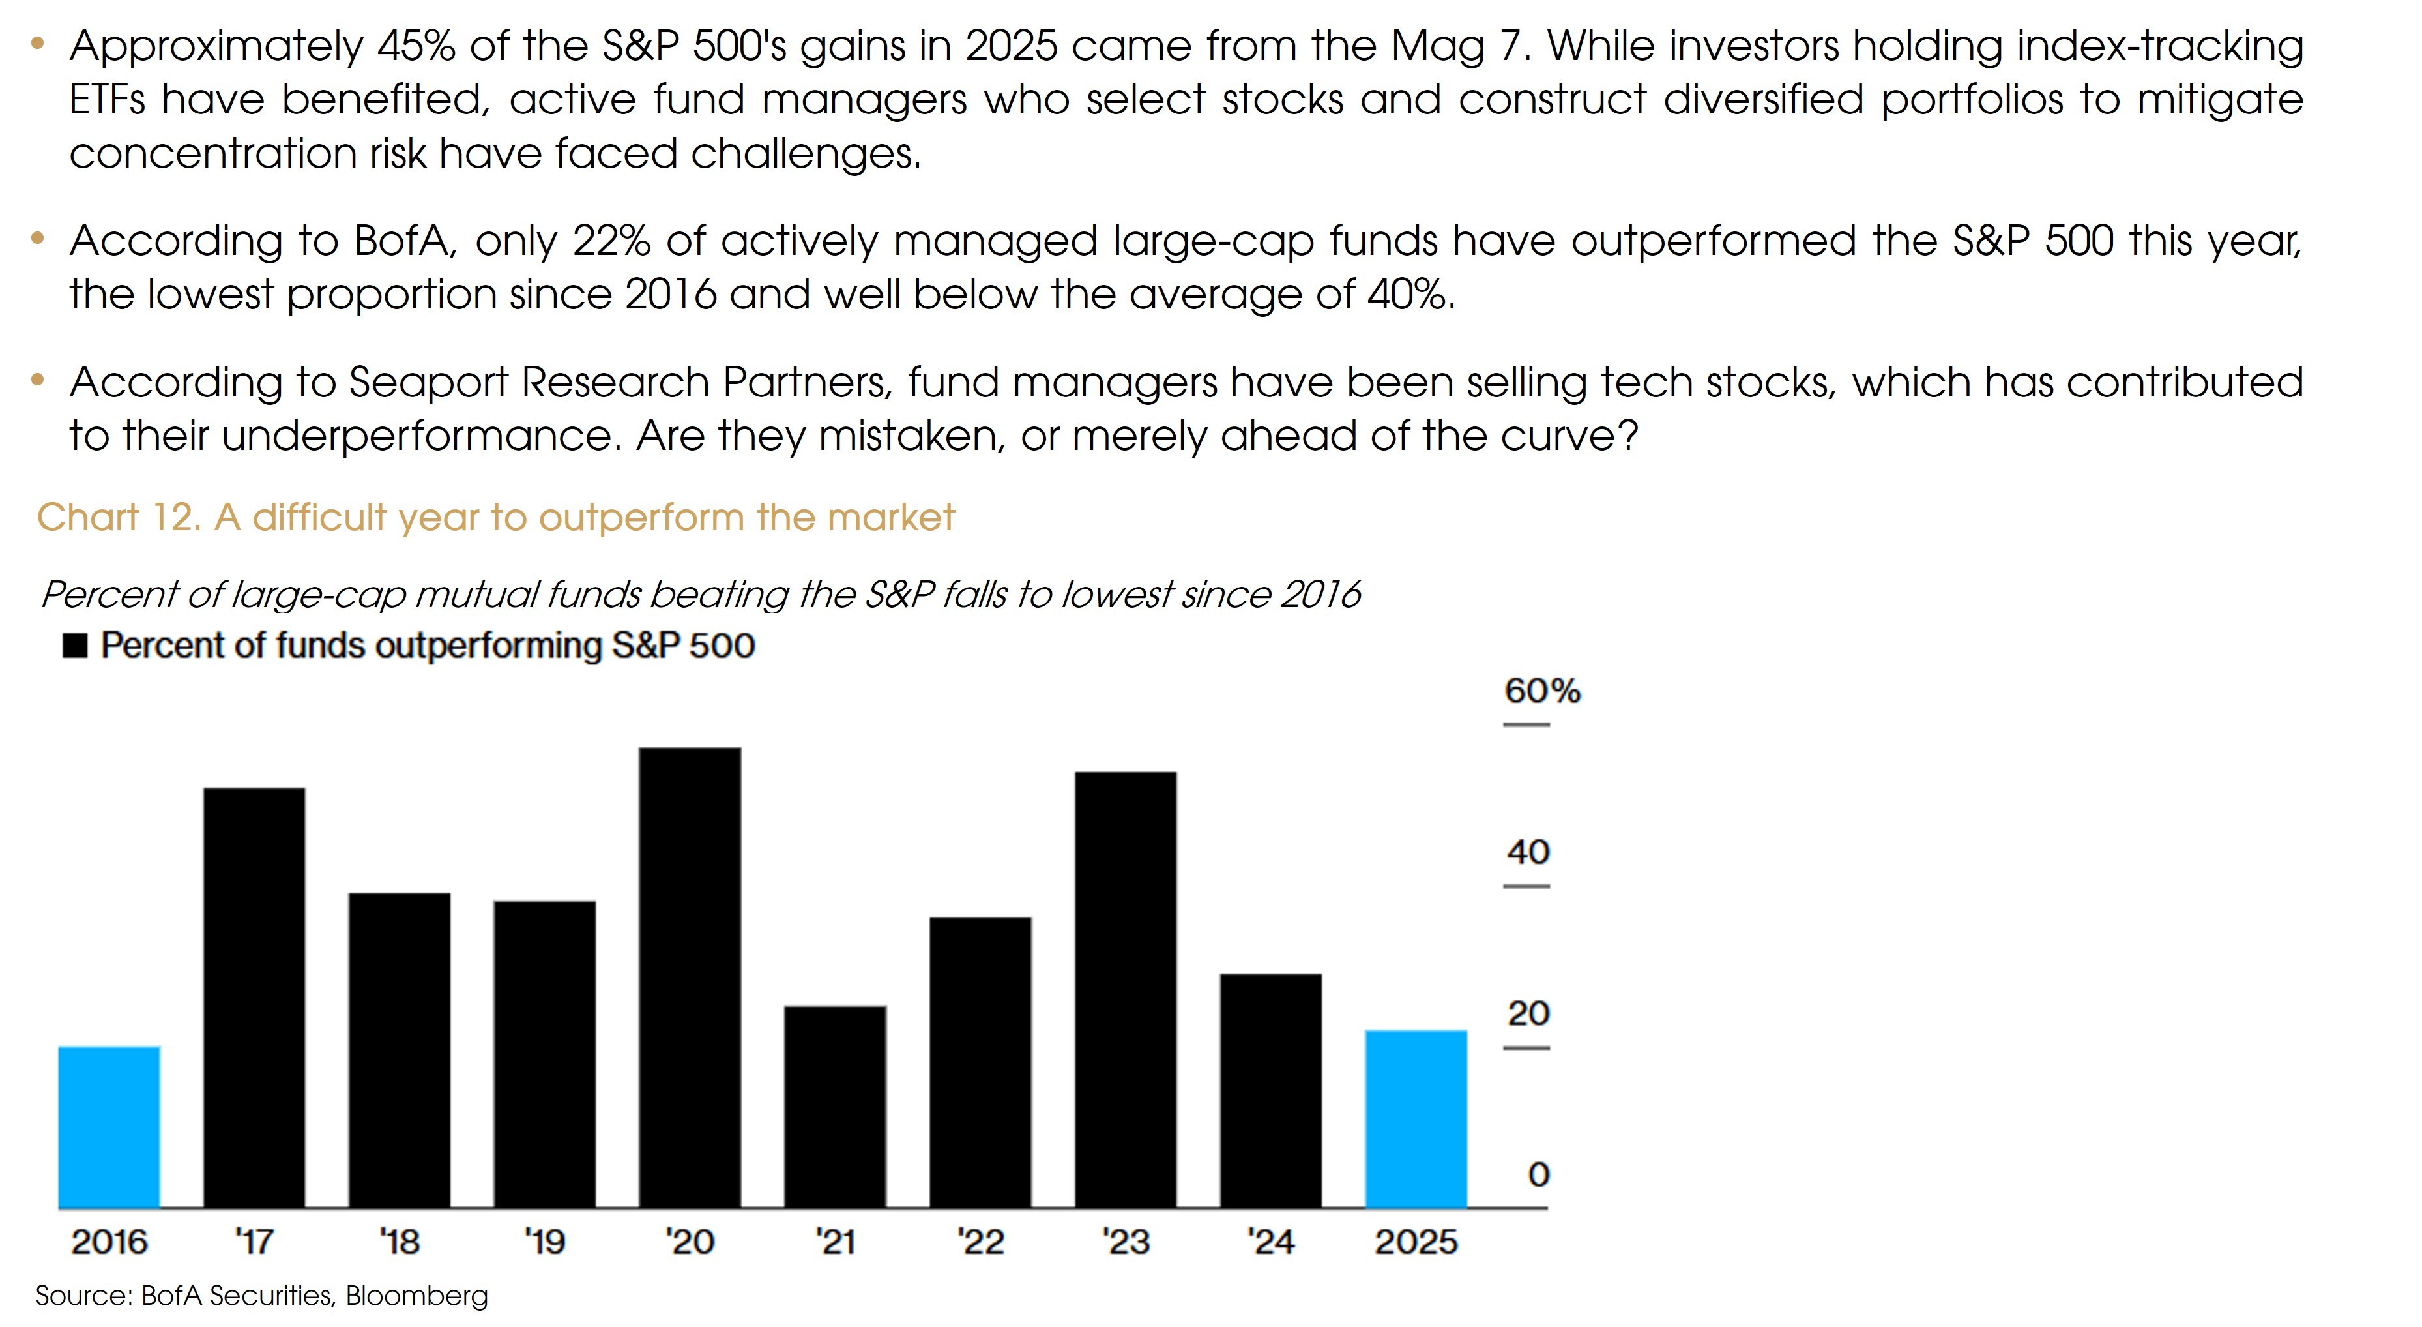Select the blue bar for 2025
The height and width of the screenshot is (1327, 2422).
click(1415, 1118)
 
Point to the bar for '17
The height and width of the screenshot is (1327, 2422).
click(254, 997)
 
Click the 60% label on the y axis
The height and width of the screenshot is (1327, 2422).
click(1542, 691)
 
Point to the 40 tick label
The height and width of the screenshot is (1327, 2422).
click(1528, 852)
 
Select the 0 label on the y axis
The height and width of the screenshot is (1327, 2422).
click(1538, 1174)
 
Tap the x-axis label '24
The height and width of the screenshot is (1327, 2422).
click(1270, 1242)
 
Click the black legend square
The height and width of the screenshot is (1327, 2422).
click(75, 646)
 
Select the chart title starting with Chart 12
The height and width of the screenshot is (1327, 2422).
click(495, 517)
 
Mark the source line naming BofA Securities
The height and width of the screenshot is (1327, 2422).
click(261, 1296)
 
